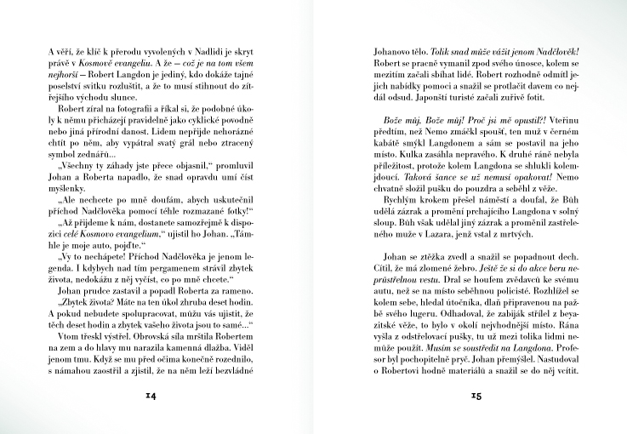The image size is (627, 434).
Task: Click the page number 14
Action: [150, 395]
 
